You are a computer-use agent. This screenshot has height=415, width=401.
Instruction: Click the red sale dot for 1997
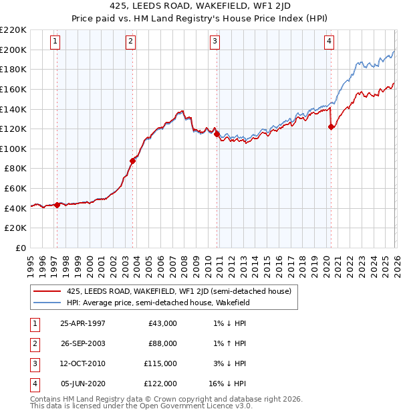[x=57, y=205]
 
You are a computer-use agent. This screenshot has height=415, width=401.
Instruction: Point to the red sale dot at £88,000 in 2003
[x=132, y=161]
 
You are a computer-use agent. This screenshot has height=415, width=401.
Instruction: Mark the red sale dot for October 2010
[x=217, y=134]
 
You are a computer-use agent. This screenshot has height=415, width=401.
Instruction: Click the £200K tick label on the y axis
[x=14, y=50]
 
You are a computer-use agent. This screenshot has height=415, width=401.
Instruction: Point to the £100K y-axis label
[x=14, y=149]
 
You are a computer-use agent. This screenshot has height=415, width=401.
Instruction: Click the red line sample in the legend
[x=47, y=292]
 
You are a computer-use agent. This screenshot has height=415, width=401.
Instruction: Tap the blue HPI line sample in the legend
[x=47, y=303]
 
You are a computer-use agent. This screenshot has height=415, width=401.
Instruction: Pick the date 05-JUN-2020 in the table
[x=83, y=384]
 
